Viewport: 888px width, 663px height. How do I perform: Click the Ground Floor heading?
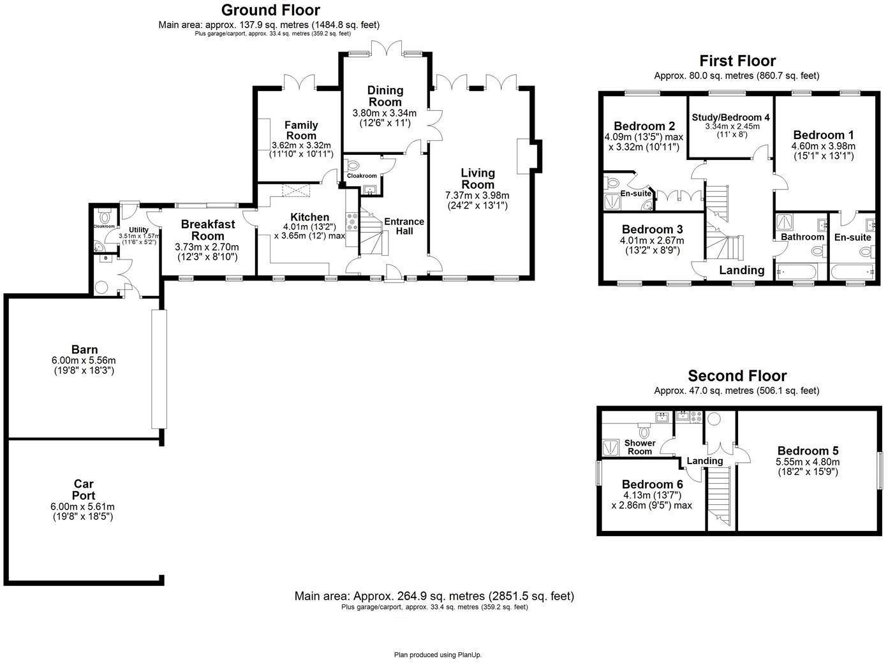click(x=270, y=10)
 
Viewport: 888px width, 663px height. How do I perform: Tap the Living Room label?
click(x=478, y=178)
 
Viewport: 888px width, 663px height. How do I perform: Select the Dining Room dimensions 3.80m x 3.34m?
click(x=384, y=113)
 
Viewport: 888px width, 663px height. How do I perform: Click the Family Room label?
click(x=301, y=130)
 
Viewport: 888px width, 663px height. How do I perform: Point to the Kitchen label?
click(x=309, y=217)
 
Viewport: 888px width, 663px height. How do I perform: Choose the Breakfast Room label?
click(x=207, y=230)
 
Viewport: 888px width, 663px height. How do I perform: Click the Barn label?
click(x=84, y=349)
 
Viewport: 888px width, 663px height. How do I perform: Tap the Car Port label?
click(x=84, y=490)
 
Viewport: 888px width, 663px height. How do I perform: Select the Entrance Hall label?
click(x=404, y=226)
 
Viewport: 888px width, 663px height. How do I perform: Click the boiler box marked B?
click(x=105, y=259)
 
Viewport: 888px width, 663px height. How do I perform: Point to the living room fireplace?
click(x=528, y=156)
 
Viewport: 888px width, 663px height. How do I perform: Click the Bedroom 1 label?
click(x=823, y=135)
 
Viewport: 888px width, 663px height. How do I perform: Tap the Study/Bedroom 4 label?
click(x=730, y=117)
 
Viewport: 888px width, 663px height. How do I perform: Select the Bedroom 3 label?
click(x=652, y=229)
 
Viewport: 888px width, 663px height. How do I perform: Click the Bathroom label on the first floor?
click(x=803, y=237)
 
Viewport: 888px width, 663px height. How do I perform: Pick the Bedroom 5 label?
click(x=807, y=451)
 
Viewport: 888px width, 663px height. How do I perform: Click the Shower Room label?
click(x=640, y=447)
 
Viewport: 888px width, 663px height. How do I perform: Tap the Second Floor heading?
click(x=737, y=376)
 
